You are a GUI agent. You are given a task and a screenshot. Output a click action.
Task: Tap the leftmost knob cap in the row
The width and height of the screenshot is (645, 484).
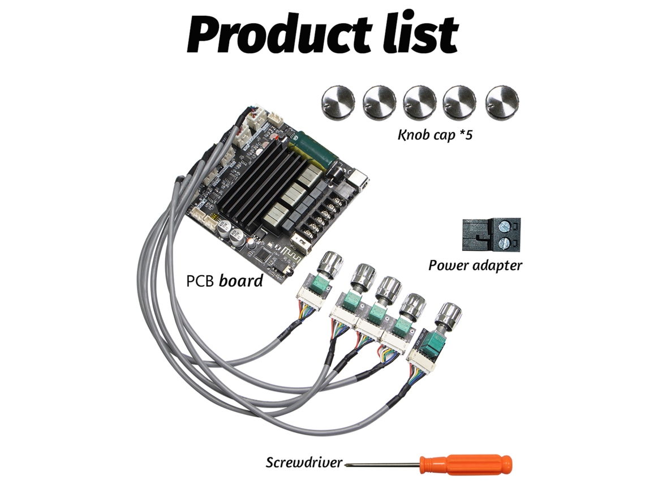pyautogui.click(x=338, y=103)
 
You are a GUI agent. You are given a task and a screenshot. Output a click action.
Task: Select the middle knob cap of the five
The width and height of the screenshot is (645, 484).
pyautogui.click(x=420, y=103)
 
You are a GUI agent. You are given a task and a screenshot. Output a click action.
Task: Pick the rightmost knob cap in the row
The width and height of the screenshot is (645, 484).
pyautogui.click(x=502, y=103)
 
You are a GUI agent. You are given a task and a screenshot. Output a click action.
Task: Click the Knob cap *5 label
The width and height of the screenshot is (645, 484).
pyautogui.click(x=435, y=135)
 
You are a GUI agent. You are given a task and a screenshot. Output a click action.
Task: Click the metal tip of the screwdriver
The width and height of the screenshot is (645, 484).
pyautogui.click(x=348, y=464)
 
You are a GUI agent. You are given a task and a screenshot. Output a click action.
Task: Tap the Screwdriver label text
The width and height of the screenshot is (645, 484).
pyautogui.click(x=304, y=462)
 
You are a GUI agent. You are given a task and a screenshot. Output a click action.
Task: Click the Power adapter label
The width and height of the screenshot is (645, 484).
pyautogui.click(x=475, y=265)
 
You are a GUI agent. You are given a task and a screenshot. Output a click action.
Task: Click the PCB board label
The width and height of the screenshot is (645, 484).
pyautogui.click(x=225, y=281)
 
